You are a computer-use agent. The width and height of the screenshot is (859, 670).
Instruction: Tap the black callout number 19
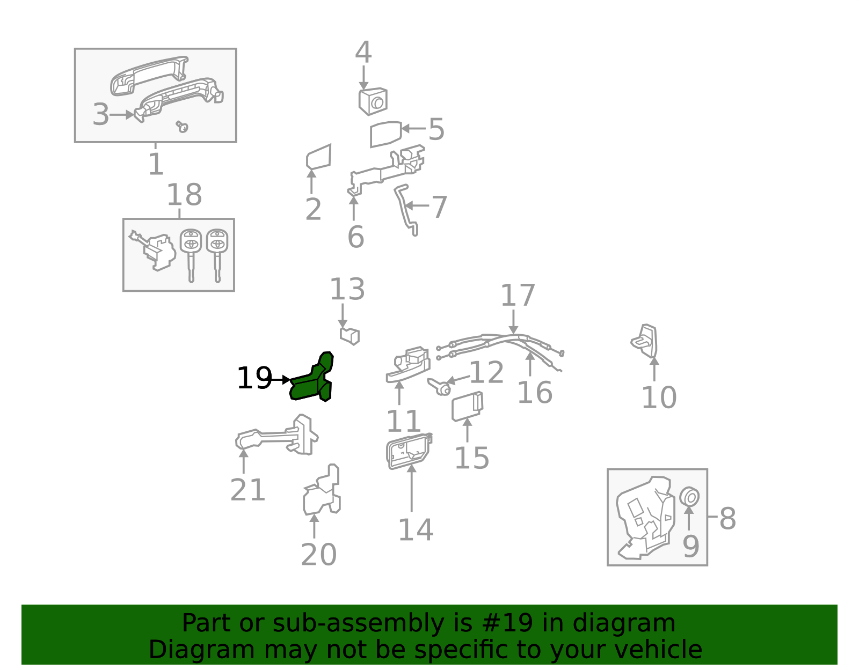254,379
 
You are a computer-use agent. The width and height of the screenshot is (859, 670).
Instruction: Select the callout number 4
363,53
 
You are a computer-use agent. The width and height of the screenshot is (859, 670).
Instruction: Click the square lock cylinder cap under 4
373,101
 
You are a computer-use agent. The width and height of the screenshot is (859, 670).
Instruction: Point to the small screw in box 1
183,127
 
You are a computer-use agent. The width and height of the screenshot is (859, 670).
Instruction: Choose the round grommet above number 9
689,497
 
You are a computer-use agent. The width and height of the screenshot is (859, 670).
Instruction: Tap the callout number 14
415,530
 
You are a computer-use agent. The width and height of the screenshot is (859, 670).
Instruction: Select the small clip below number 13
350,336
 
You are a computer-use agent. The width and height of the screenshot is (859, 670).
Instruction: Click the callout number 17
518,296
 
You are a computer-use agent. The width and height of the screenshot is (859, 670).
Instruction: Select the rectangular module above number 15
467,406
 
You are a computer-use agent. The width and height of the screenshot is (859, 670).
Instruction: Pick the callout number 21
247,490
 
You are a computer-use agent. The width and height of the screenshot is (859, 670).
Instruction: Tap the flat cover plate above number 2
319,157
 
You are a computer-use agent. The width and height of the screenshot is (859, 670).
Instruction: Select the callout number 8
727,518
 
